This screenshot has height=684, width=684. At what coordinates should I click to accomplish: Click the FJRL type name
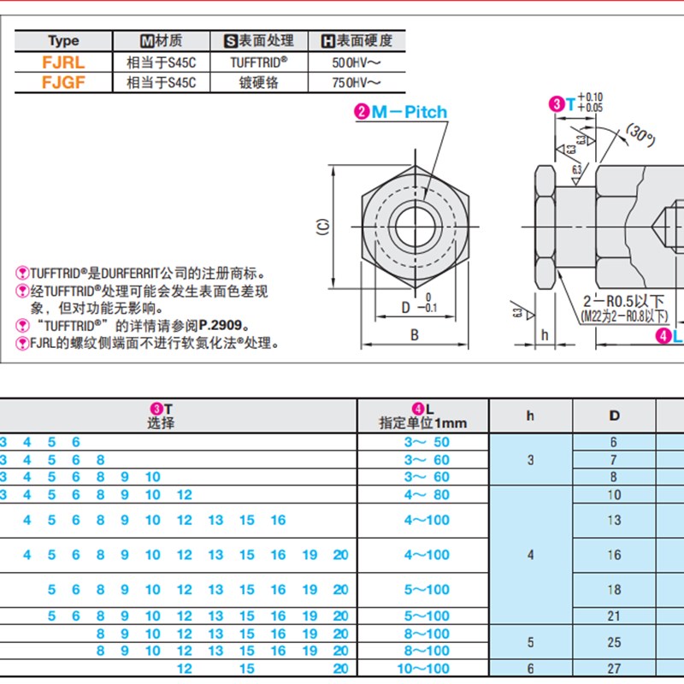click(64, 62)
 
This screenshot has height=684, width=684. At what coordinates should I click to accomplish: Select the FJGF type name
click(64, 82)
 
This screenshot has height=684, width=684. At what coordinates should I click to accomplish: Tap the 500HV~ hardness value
click(355, 62)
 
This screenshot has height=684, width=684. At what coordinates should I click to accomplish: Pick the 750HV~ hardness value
click(355, 82)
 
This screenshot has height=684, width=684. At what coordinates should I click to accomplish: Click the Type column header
click(63, 40)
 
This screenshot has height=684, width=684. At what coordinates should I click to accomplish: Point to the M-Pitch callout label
click(409, 112)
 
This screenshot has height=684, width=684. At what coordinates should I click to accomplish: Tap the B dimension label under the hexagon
click(415, 335)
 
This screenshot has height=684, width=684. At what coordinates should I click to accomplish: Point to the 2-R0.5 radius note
click(623, 301)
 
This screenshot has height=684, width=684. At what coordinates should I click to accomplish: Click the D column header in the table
click(614, 416)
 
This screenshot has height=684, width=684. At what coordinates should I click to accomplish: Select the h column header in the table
click(530, 416)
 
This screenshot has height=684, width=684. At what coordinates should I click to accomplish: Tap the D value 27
click(614, 669)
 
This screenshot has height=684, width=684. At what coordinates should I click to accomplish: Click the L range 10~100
click(426, 669)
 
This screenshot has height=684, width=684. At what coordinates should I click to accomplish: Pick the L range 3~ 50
click(426, 442)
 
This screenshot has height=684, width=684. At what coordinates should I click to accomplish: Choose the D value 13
click(614, 520)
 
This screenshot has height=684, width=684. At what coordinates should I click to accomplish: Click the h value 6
click(530, 669)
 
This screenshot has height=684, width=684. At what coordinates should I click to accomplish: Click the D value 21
click(614, 616)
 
